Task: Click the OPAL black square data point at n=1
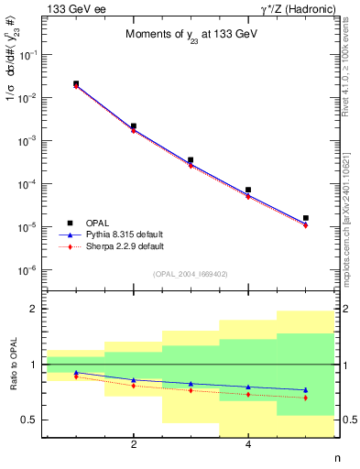76,83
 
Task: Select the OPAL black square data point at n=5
305,218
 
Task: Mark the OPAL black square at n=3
191,160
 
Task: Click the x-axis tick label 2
134,445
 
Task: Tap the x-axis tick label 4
248,445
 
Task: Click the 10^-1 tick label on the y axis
29,55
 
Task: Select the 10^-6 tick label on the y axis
29,270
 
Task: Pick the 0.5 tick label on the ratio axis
27,420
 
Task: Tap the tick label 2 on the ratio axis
33,310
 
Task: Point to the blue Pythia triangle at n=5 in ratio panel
305,389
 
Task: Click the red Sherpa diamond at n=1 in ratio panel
76,376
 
